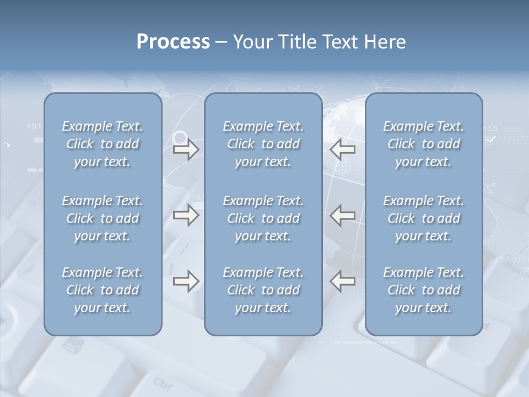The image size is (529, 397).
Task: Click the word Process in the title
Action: [173, 42]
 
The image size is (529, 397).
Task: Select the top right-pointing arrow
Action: [186, 149]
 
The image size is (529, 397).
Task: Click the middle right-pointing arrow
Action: [186, 215]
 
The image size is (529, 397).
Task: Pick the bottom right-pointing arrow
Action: [186, 281]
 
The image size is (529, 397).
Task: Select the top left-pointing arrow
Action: [343, 149]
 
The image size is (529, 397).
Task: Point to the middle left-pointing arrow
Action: [343, 215]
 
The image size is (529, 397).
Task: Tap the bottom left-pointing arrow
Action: [343, 281]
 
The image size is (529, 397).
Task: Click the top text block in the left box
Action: [102, 144]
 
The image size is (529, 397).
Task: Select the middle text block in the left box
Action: [102, 218]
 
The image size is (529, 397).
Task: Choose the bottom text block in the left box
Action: [102, 290]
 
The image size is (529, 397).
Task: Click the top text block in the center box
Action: [263, 144]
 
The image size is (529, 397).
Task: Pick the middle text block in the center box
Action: [263, 218]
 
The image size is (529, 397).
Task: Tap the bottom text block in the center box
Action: [263, 290]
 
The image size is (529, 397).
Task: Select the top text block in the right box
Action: [423, 144]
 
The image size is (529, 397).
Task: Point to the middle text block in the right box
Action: [423, 218]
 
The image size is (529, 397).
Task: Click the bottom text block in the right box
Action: [423, 290]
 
